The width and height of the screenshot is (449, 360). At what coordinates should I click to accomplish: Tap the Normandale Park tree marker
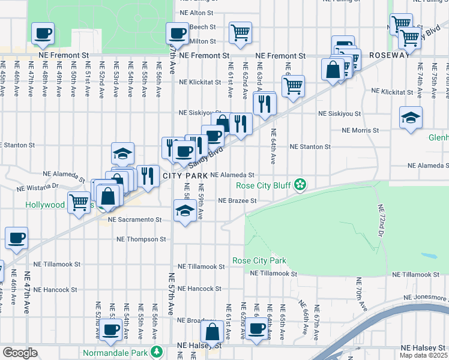click(157, 350)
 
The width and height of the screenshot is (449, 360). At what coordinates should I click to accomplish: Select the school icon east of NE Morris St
click(411, 117)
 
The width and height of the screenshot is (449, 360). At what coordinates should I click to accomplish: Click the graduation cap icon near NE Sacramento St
click(185, 211)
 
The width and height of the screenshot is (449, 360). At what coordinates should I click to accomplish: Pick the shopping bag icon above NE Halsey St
click(213, 331)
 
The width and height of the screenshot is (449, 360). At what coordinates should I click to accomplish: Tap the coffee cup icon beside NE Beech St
click(178, 34)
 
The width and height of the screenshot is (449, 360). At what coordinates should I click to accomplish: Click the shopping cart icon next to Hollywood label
click(79, 203)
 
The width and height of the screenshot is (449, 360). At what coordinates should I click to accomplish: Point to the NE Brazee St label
click(237, 200)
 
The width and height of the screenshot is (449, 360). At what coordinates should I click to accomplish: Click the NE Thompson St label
click(141, 239)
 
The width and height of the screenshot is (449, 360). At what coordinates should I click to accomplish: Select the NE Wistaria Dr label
click(37, 187)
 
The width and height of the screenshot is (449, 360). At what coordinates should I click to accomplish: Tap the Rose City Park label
click(259, 261)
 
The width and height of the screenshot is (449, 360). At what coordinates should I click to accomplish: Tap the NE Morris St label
click(360, 130)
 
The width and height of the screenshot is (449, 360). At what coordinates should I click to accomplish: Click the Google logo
click(20, 353)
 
